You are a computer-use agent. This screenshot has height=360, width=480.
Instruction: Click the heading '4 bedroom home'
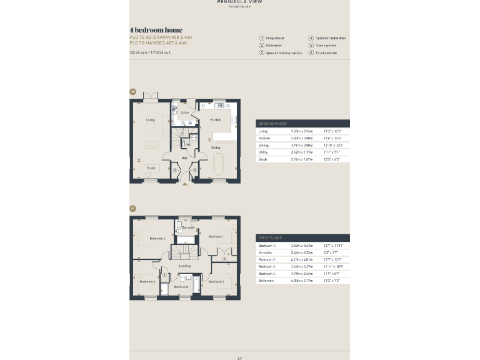(x=156, y=30)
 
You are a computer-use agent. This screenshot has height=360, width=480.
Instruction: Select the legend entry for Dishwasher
(x=272, y=46)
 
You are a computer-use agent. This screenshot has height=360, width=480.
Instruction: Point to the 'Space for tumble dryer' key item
(x=331, y=38)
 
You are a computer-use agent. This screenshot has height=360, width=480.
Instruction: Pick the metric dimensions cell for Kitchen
(x=301, y=138)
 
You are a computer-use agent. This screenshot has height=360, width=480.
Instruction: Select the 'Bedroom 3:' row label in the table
(x=267, y=266)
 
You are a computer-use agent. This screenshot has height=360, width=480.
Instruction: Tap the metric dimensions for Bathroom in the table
(x=301, y=281)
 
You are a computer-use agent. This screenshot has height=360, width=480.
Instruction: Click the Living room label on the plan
(x=151, y=120)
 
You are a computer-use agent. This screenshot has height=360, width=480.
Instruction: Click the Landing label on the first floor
(x=185, y=266)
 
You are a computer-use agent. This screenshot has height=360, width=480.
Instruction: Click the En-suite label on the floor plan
(x=187, y=227)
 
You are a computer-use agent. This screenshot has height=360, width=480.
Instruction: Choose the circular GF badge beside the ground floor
(x=132, y=92)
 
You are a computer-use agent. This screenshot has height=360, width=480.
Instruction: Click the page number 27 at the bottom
(x=239, y=358)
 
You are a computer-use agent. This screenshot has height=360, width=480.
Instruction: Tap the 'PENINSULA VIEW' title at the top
(x=239, y=2)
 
